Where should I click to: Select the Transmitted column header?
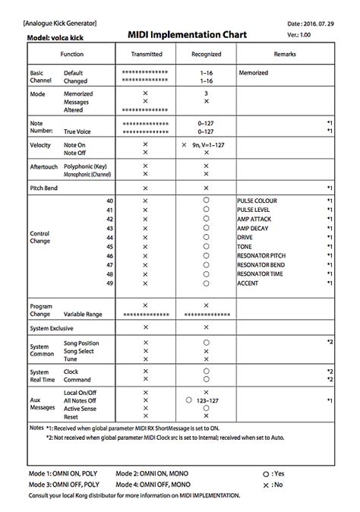tap(146, 55)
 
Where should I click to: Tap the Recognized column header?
tap(205, 55)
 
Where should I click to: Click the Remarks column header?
tap(285, 55)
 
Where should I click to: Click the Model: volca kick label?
tap(55, 37)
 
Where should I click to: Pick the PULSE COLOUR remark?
tap(257, 201)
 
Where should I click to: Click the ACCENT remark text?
tap(248, 282)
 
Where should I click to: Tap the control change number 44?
tap(110, 237)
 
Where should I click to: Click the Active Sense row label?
tap(81, 408)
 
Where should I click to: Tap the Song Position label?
tap(81, 343)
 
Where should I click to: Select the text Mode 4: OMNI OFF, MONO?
tap(153, 484)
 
